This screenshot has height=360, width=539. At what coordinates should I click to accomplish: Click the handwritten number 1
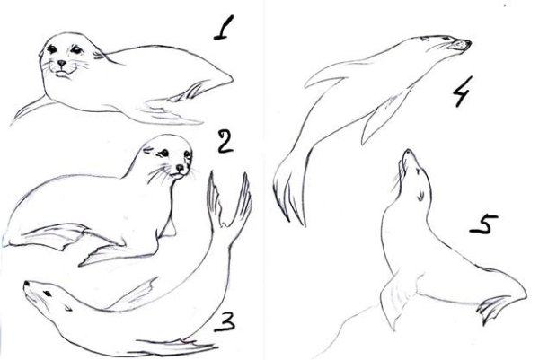pyautogui.click(x=224, y=28)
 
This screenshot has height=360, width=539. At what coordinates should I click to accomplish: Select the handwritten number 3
pyautogui.click(x=225, y=322)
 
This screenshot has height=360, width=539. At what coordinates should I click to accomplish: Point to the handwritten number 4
pyautogui.click(x=462, y=91)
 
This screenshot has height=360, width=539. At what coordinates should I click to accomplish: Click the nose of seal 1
pyautogui.click(x=61, y=63)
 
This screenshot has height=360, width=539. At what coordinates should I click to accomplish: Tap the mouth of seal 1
pyautogui.click(x=62, y=73)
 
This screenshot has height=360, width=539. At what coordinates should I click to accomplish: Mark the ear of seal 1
pyautogui.click(x=99, y=54)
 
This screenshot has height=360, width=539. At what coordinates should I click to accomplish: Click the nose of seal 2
pyautogui.click(x=181, y=168)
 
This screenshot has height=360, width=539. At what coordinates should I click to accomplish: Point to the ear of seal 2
pyautogui.click(x=148, y=149)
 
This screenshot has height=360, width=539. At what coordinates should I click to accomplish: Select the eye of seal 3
pyautogui.click(x=47, y=293)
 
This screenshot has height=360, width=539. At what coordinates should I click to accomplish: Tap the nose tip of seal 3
pyautogui.click(x=26, y=284)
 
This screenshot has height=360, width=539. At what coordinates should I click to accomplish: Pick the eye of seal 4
pyautogui.click(x=446, y=38)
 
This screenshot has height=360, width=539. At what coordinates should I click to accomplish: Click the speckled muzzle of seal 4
pyautogui.click(x=462, y=45)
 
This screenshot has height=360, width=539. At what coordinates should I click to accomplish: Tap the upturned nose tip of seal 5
pyautogui.click(x=408, y=152)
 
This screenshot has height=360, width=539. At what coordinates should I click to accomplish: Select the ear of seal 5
pyautogui.click(x=419, y=196)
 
